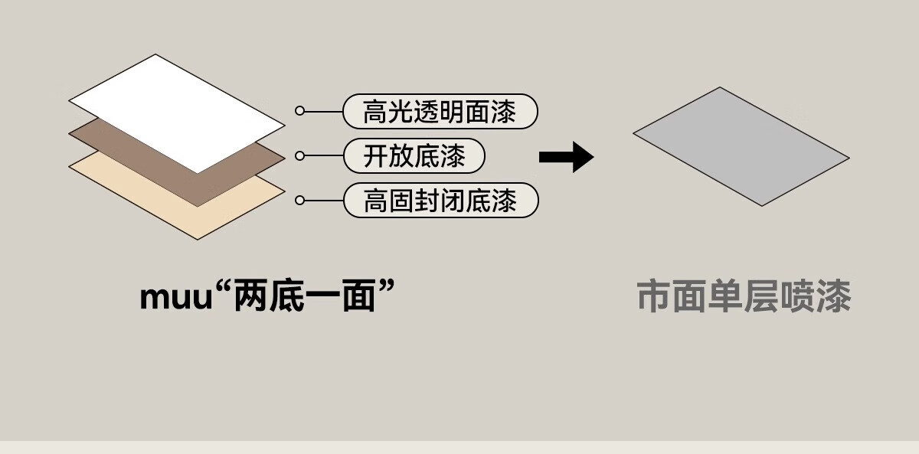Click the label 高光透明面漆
440,112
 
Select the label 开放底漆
414,156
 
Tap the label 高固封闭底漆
440,201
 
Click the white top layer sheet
176,107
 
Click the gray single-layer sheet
741,146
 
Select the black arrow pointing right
566,157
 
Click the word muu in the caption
175,297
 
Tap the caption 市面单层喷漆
744,297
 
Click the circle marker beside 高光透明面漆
300,111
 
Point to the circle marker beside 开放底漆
300,156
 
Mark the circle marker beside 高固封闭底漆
300,201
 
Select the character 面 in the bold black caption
359,296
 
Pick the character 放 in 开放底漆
401,157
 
